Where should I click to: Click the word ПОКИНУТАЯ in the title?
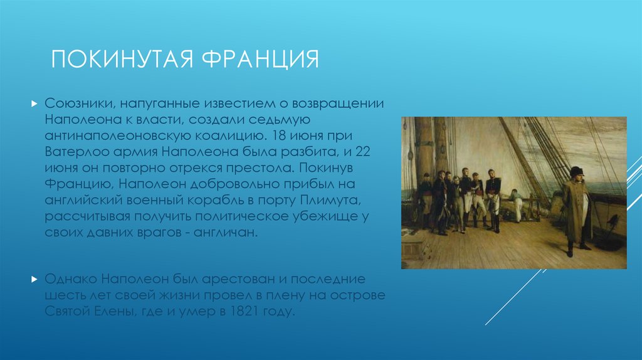pyautogui.click(x=122, y=59)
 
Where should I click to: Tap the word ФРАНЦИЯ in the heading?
pyautogui.click(x=260, y=59)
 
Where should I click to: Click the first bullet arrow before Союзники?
pyautogui.click(x=34, y=104)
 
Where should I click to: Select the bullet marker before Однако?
pyautogui.click(x=34, y=280)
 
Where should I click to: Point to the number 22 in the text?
pyautogui.click(x=363, y=152)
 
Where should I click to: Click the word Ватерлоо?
pyautogui.click(x=77, y=152)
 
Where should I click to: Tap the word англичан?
pyautogui.click(x=226, y=233)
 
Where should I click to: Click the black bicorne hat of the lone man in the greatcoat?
pyautogui.click(x=577, y=171)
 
